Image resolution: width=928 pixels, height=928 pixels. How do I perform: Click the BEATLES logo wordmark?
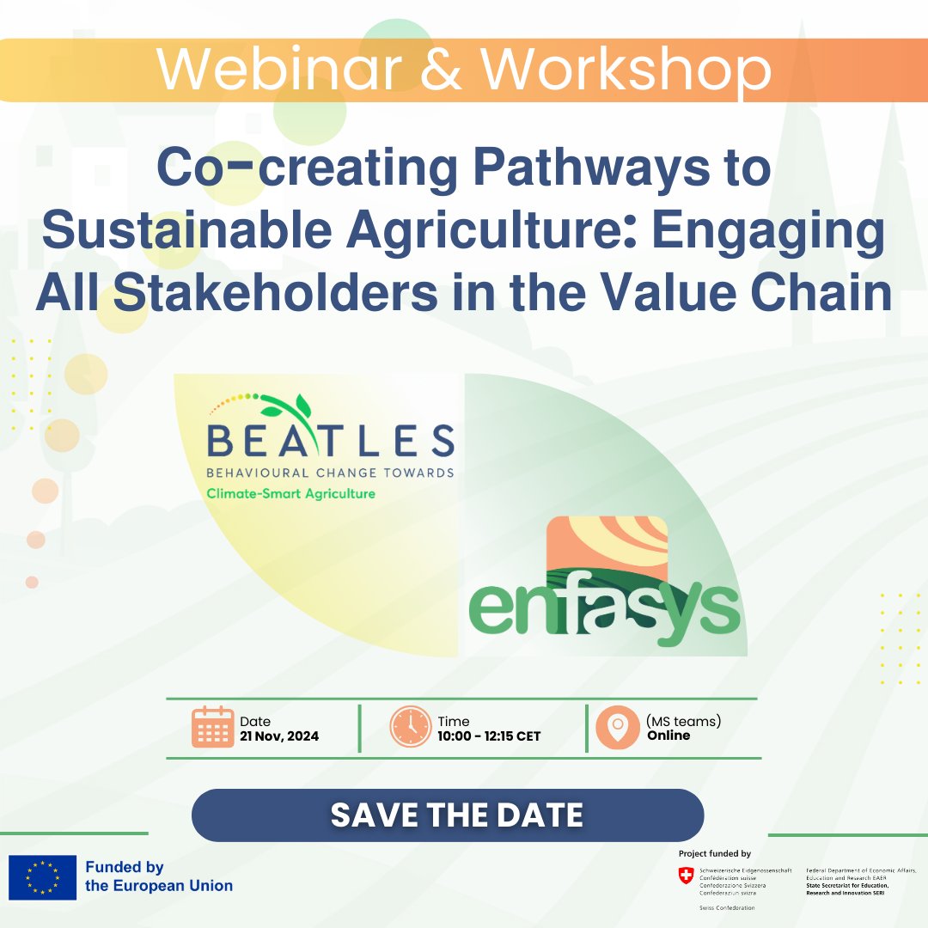click(331, 442)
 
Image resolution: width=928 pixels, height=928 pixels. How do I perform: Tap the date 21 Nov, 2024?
click(279, 736)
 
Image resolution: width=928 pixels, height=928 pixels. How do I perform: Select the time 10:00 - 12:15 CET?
click(489, 736)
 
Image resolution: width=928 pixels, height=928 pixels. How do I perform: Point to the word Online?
click(669, 736)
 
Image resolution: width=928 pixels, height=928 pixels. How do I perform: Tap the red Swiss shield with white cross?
click(685, 876)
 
